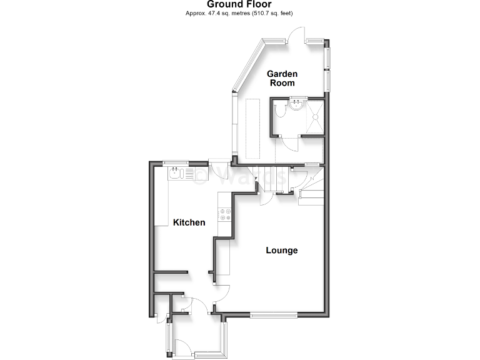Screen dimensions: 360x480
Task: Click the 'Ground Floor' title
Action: coord(239,4)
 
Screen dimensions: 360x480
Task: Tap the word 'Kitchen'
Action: coord(189,222)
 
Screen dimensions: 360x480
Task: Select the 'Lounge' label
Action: coord(282,251)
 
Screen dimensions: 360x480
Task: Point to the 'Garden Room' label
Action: coord(282,78)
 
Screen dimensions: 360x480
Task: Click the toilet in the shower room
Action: coord(282,111)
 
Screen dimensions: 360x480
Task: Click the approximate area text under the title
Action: coord(239,13)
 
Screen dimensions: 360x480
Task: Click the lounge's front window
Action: coord(274,314)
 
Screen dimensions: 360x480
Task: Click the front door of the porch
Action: coord(186,344)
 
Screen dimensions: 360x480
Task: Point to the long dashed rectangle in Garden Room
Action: coord(253,128)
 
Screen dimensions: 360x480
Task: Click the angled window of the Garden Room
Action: coord(247,66)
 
